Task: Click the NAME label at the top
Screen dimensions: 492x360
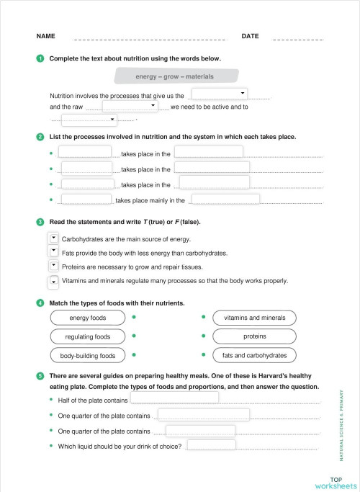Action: point(45,36)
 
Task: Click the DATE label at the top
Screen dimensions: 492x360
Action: point(250,36)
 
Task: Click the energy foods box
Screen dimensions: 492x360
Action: point(87,318)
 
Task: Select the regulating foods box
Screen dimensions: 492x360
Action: point(87,336)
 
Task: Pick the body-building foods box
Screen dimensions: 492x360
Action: point(87,355)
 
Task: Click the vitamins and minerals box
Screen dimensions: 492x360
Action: point(254,318)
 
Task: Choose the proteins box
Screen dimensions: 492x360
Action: point(254,336)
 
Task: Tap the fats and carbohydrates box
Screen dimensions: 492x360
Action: point(254,355)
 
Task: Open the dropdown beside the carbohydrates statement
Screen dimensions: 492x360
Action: point(53,238)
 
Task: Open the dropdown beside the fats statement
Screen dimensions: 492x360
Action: point(53,252)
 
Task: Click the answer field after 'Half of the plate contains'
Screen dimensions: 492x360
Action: point(184,399)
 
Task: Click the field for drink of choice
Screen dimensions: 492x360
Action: point(211,445)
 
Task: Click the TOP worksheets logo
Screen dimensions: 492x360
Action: point(335,482)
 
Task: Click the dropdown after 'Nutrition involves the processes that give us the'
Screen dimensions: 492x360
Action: point(220,94)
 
